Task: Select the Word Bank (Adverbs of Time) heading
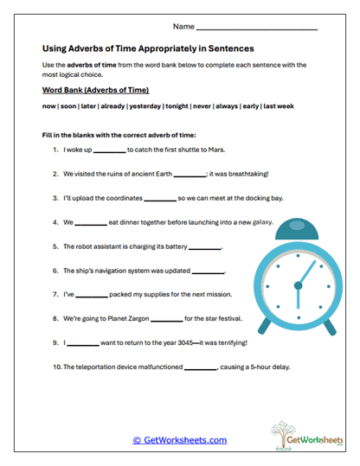point(95,90)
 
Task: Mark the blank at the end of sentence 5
point(205,246)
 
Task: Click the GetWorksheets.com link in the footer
point(179,440)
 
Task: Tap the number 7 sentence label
point(55,295)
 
